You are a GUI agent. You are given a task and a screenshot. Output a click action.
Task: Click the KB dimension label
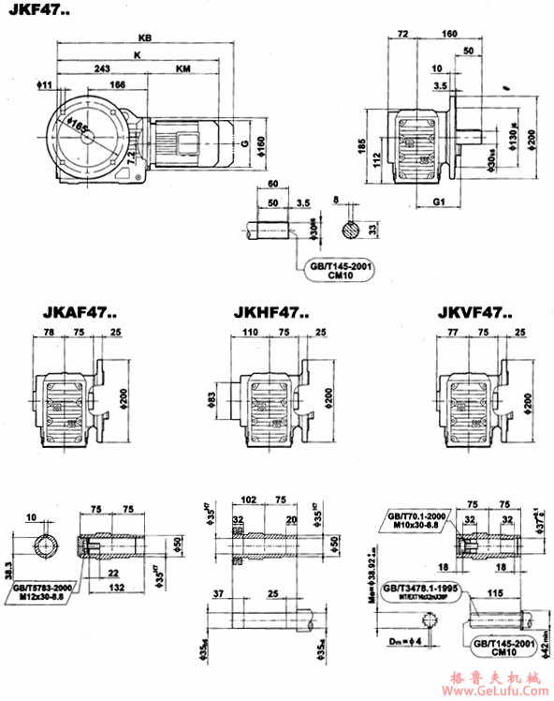point(143,38)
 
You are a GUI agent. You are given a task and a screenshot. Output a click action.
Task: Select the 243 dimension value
point(103,69)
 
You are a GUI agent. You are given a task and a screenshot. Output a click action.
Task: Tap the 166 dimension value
point(117,85)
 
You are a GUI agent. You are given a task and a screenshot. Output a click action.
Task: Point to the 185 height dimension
point(362,147)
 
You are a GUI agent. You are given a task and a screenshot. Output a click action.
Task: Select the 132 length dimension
point(118,586)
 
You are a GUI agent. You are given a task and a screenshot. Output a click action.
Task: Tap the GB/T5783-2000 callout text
point(41,587)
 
